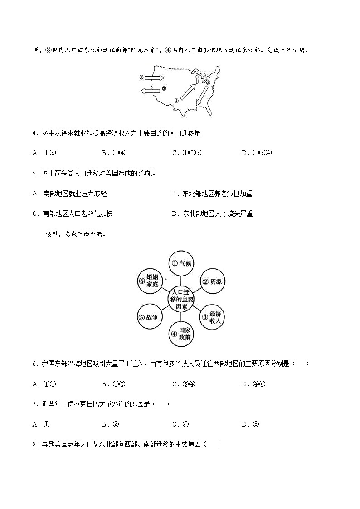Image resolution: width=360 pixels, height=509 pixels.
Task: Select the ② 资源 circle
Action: point(212,281)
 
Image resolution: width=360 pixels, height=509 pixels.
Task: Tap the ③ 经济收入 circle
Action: point(212,319)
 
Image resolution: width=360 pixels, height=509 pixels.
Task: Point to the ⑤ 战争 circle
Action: point(149,319)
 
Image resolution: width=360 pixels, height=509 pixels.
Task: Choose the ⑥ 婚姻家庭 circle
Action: point(149,281)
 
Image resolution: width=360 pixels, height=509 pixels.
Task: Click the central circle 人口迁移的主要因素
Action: point(180,300)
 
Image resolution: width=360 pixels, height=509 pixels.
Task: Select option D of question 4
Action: point(257,153)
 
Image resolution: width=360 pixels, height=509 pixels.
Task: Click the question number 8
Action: point(34,444)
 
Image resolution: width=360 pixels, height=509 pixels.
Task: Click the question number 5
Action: point(34,173)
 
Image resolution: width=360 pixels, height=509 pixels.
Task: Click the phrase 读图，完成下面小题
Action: point(75,234)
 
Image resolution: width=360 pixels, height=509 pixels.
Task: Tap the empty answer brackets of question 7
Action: point(161,404)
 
